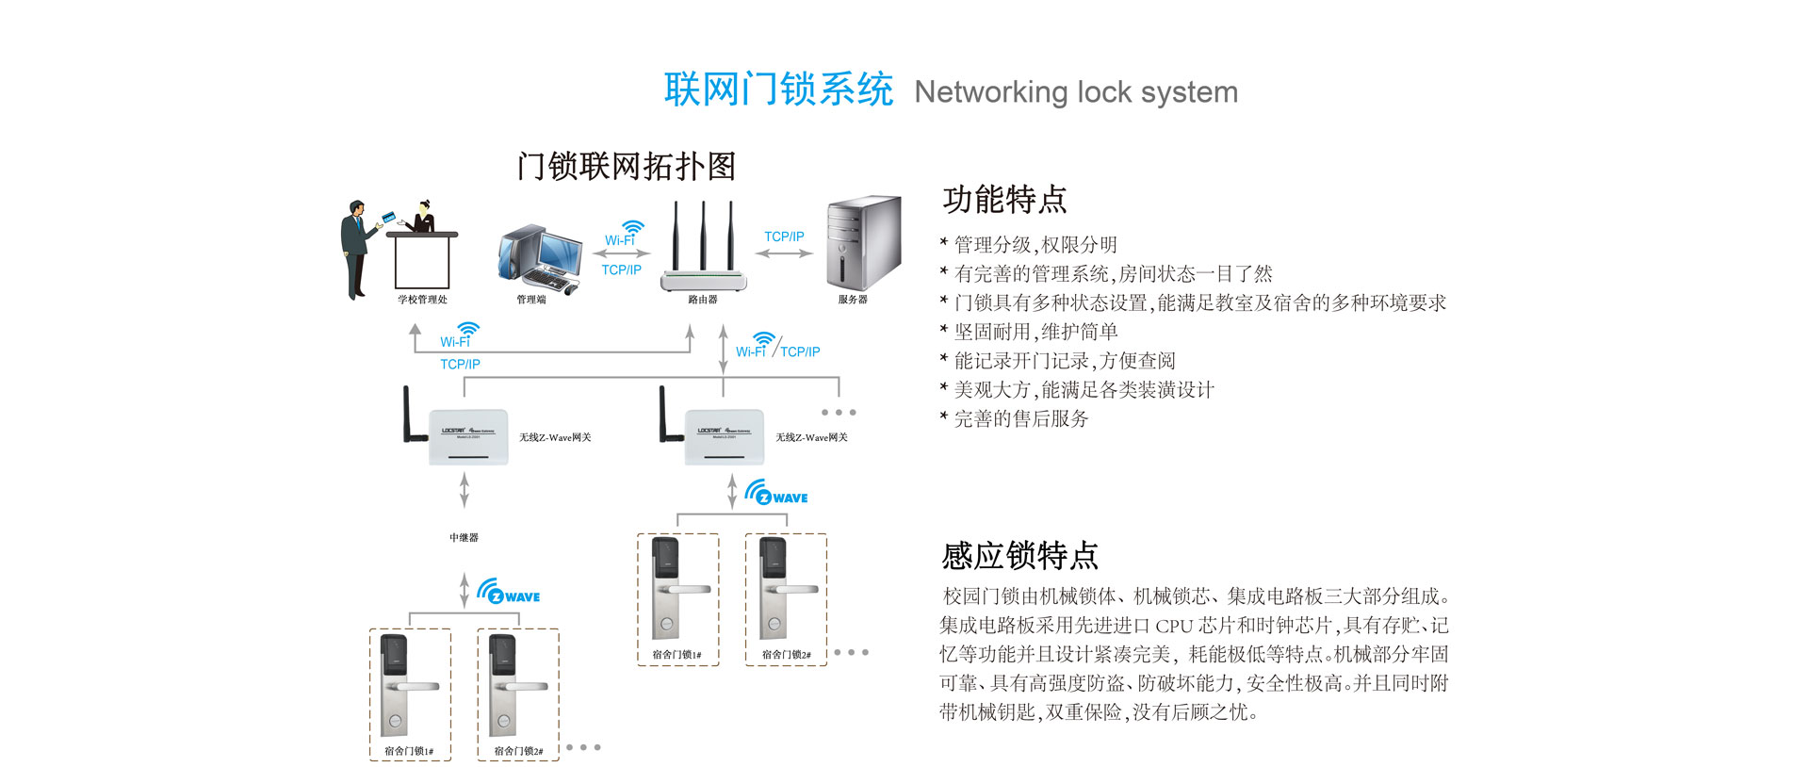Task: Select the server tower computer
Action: point(862,242)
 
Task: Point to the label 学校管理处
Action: point(422,300)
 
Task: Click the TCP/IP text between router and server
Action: point(784,237)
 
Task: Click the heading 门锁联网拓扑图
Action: point(627,166)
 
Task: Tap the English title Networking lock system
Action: point(1075,92)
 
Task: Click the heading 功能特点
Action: point(1004,200)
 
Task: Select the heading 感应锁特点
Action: point(1019,555)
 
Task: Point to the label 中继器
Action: point(464,537)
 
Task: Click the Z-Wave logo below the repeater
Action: point(509,593)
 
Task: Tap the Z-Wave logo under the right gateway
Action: point(776,494)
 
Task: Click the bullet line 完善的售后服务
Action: point(1020,418)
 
